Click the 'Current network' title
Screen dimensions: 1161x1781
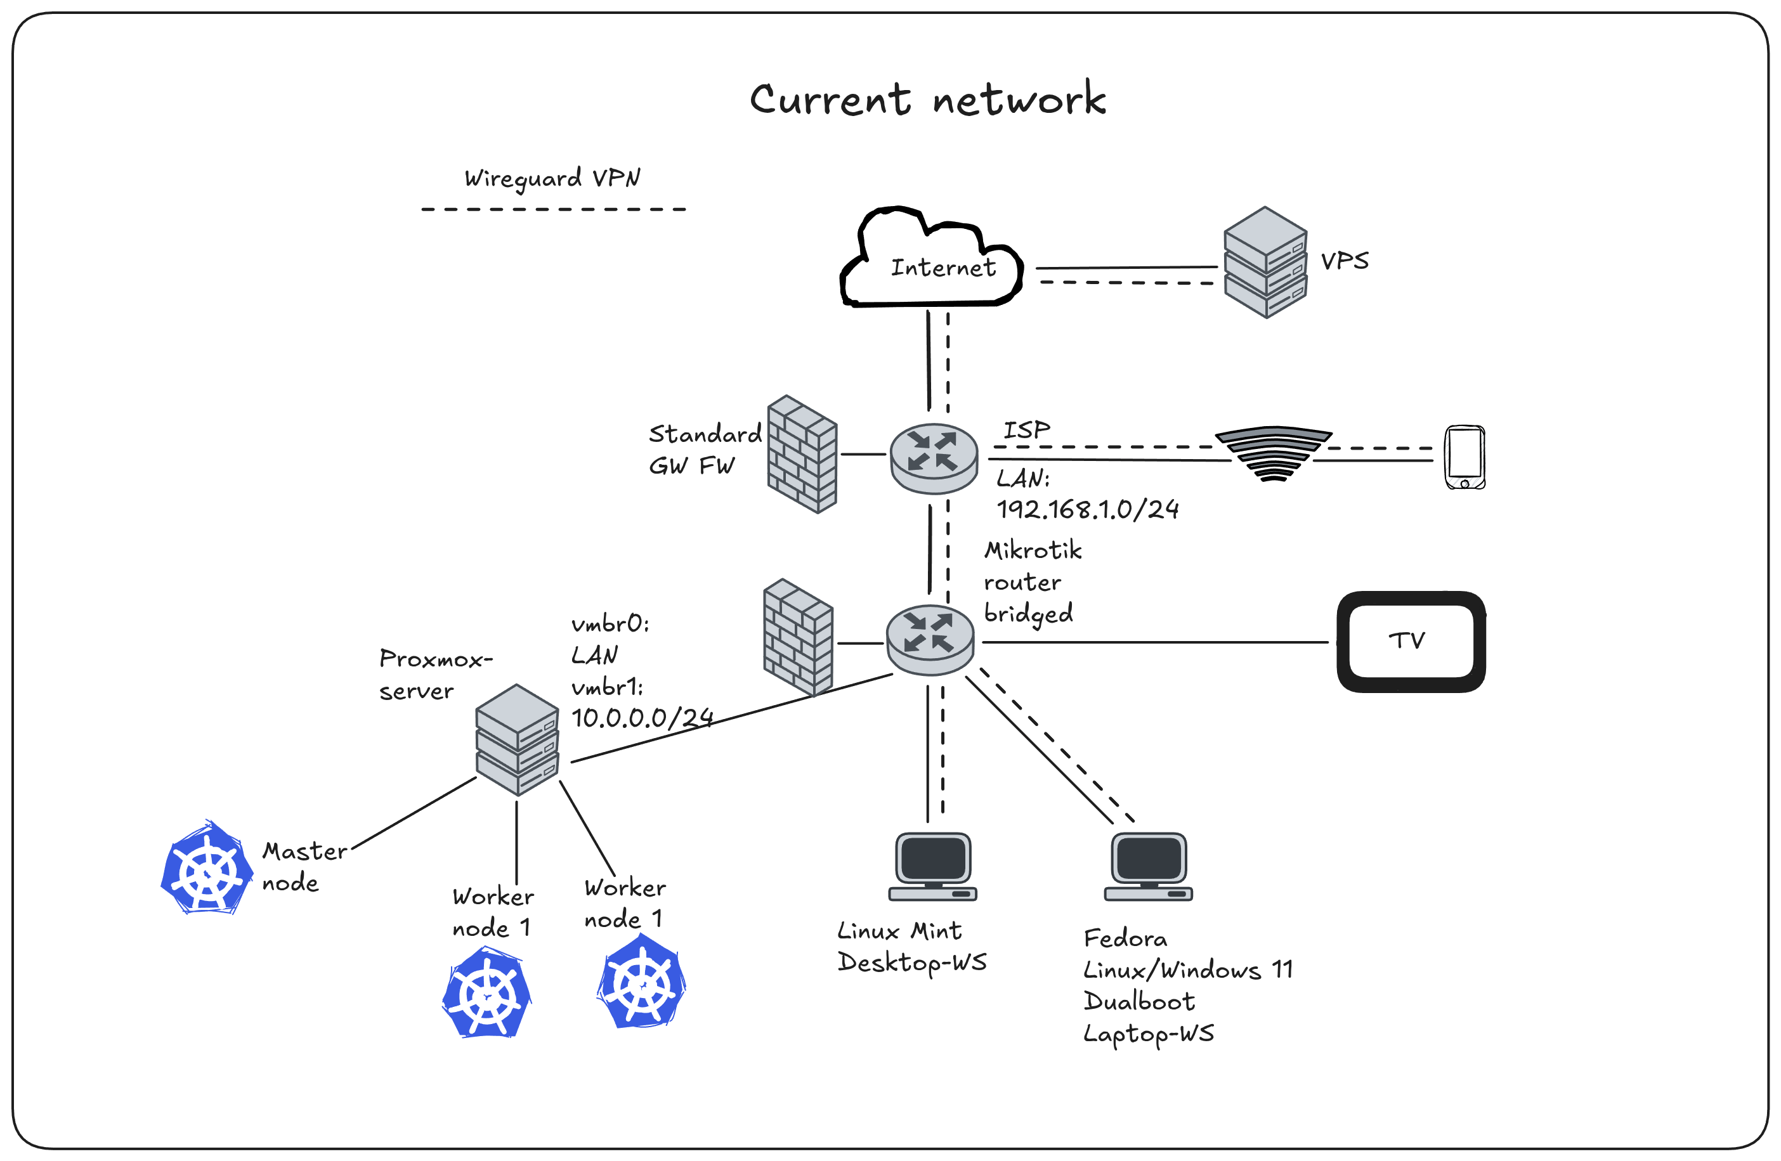928,100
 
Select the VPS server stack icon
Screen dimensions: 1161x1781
1265,263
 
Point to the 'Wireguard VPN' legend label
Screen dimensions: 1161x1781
552,179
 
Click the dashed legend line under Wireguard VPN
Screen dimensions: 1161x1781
554,209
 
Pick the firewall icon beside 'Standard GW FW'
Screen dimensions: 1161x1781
802,454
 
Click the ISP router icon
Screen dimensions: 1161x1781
934,458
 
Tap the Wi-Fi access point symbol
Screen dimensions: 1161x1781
1274,453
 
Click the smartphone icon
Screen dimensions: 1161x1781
1465,457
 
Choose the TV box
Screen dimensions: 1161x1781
1411,642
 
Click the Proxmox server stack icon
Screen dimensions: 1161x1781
517,739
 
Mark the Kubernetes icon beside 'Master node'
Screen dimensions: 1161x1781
207,869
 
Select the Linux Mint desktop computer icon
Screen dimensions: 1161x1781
933,866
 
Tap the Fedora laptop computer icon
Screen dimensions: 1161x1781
1149,866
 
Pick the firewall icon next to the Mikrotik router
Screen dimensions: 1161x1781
798,637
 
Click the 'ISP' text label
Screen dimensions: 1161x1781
1026,430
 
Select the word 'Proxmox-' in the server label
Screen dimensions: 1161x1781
436,659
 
